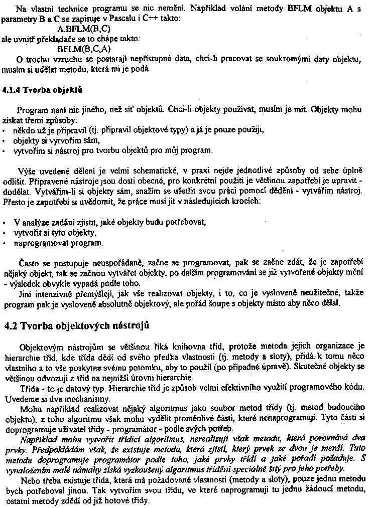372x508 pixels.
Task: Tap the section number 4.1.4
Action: pyautogui.click(x=14, y=90)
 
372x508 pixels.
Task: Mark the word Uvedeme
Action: pyautogui.click(x=20, y=399)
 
